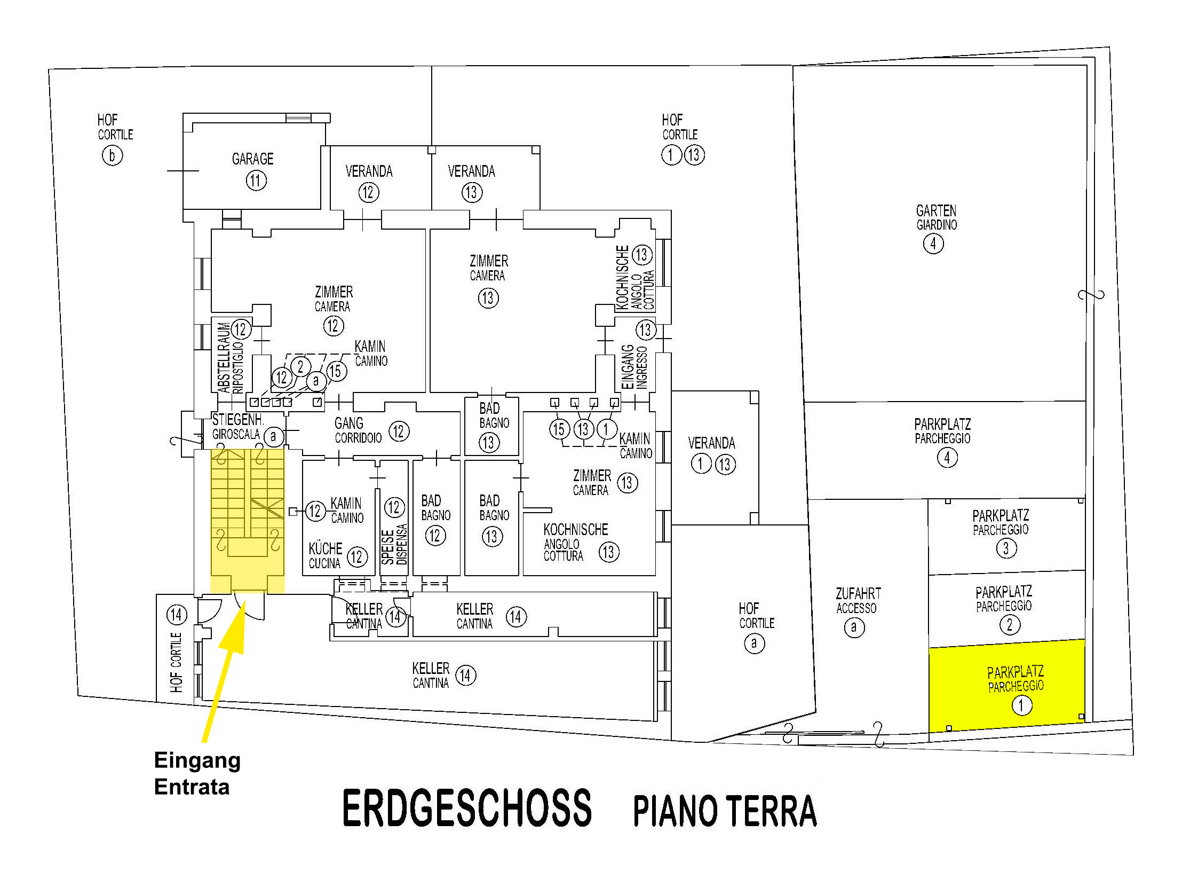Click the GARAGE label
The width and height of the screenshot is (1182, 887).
pyautogui.click(x=252, y=159)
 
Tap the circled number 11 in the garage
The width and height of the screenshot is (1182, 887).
pyautogui.click(x=256, y=180)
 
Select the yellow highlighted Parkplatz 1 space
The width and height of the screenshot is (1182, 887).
pyautogui.click(x=1008, y=686)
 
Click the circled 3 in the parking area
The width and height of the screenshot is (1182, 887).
pyautogui.click(x=1006, y=548)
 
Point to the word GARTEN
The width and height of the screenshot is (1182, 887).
pyautogui.click(x=936, y=210)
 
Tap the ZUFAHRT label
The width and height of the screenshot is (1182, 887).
pyautogui.click(x=858, y=593)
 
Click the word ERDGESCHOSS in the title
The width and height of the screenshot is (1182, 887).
pyautogui.click(x=466, y=808)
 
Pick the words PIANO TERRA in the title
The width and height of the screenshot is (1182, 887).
pyautogui.click(x=725, y=811)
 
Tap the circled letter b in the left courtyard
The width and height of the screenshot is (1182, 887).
pyautogui.click(x=112, y=155)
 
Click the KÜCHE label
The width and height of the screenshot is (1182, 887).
pyautogui.click(x=326, y=548)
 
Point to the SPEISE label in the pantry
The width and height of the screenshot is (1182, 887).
pyautogui.click(x=387, y=547)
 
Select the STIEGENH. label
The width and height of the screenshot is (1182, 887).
pyautogui.click(x=238, y=419)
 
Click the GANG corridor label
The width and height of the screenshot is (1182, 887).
pyautogui.click(x=349, y=423)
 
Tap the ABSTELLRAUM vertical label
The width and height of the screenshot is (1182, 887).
pyautogui.click(x=224, y=357)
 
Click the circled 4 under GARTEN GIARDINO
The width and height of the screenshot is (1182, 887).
pyautogui.click(x=933, y=244)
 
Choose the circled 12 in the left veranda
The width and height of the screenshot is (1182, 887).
pyautogui.click(x=369, y=192)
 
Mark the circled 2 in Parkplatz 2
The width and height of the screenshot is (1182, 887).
pyautogui.click(x=1010, y=624)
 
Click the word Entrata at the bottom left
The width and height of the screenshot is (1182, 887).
pyautogui.click(x=192, y=787)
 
